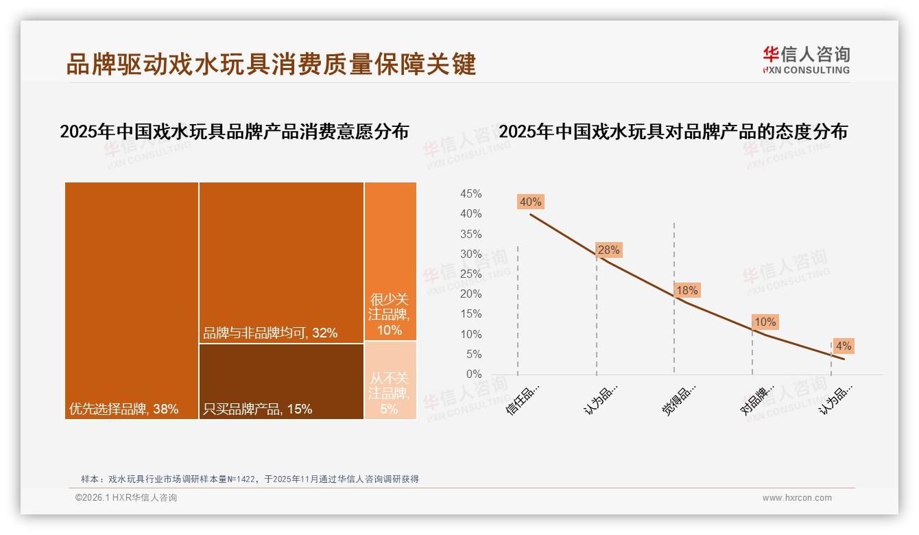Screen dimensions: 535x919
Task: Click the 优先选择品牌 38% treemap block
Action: click(x=132, y=300)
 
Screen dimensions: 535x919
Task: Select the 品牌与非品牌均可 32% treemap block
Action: click(x=281, y=262)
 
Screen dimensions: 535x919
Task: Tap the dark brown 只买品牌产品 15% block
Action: click(x=281, y=381)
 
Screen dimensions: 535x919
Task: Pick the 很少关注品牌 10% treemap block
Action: click(x=390, y=261)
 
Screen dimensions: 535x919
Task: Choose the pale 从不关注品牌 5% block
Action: click(x=390, y=380)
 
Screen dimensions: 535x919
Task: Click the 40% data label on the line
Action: click(x=531, y=202)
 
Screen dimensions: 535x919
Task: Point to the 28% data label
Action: click(x=608, y=250)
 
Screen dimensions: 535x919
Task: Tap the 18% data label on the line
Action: click(x=687, y=290)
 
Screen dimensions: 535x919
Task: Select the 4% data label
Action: click(x=843, y=346)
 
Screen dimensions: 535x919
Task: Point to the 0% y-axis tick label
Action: click(x=474, y=374)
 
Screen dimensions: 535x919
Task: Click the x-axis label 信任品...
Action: click(x=523, y=399)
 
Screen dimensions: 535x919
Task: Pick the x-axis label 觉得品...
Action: click(x=679, y=399)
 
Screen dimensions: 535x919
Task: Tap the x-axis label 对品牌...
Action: click(x=757, y=399)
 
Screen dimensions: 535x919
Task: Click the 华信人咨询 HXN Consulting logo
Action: click(x=806, y=60)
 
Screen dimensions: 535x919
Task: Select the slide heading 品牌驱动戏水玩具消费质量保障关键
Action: click(x=271, y=64)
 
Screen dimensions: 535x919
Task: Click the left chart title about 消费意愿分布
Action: click(x=234, y=132)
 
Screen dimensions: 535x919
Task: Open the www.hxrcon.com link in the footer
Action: click(x=797, y=498)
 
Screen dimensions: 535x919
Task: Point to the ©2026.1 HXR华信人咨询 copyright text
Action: click(x=126, y=498)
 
